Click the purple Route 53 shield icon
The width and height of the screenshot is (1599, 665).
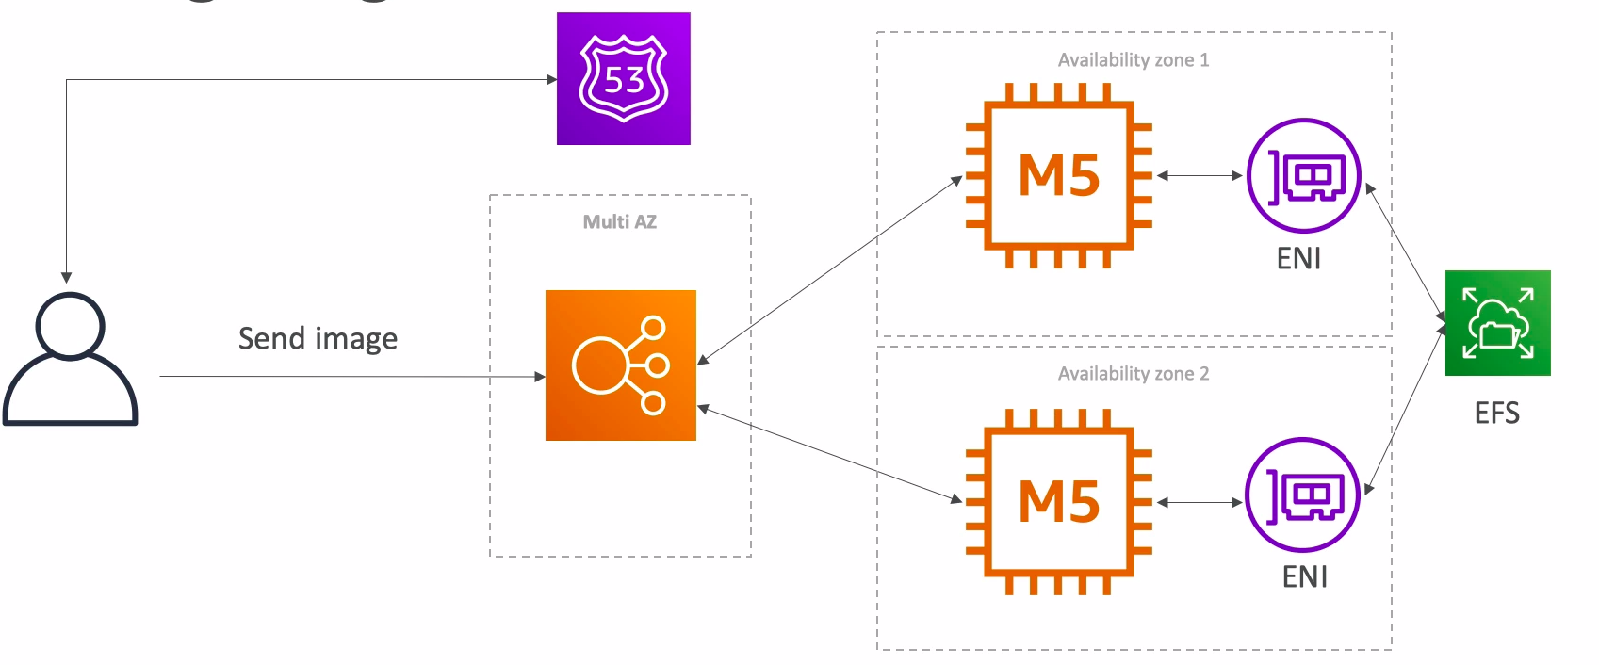(x=623, y=78)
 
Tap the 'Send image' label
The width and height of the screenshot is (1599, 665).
(x=318, y=338)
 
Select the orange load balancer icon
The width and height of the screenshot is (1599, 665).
(x=621, y=365)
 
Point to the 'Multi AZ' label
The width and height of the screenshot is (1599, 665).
(x=619, y=222)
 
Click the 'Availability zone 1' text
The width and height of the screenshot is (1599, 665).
(x=1133, y=60)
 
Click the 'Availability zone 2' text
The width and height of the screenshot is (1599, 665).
(x=1133, y=374)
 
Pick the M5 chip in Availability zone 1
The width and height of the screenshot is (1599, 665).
(x=1059, y=175)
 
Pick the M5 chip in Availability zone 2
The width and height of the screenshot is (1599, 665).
(x=1059, y=501)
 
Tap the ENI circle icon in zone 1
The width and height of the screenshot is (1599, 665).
(x=1303, y=175)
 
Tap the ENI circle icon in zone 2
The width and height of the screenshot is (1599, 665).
(x=1302, y=495)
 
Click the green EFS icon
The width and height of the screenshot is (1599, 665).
(x=1497, y=323)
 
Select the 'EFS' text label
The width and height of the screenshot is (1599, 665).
(x=1496, y=413)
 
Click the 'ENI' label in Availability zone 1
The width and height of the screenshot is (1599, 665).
(x=1298, y=258)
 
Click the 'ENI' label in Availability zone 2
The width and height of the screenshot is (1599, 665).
(x=1304, y=576)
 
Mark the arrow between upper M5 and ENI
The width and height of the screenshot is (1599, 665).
(x=1199, y=175)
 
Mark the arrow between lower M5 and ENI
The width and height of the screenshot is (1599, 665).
(x=1199, y=503)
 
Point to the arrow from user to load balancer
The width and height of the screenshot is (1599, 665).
(x=349, y=377)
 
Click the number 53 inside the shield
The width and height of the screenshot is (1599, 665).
(x=624, y=80)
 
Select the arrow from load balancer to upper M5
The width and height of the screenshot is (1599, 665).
(x=829, y=269)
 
